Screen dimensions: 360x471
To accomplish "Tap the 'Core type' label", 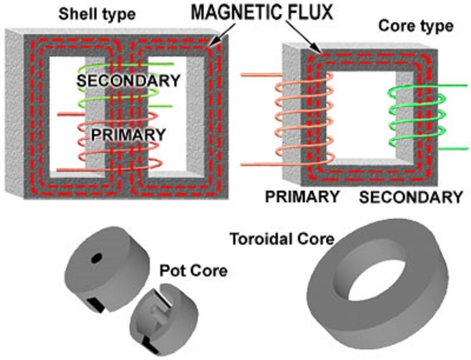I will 415,26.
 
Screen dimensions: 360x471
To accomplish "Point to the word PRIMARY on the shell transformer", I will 128,134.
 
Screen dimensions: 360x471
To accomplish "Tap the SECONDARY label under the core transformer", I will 410,196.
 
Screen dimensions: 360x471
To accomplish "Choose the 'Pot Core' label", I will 194,272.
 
